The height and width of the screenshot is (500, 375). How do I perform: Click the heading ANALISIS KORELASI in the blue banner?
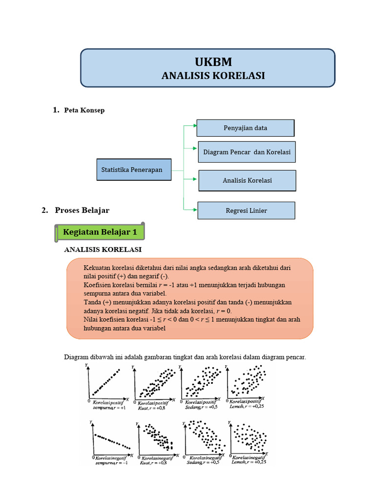point(213,76)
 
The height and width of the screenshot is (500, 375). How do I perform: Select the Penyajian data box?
point(245,128)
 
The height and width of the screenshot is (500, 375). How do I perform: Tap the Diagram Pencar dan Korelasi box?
point(247,152)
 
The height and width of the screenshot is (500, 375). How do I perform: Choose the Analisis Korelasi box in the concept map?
point(247,180)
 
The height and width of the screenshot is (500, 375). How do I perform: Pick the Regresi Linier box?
point(246,210)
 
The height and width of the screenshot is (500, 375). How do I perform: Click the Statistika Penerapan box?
point(134,169)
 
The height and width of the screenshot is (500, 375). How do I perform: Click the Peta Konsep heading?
point(84,110)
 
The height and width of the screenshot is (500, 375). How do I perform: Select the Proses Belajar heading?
point(82,210)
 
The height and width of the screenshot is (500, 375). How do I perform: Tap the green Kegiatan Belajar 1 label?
point(100,232)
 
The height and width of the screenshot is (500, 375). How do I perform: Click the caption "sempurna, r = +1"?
point(109,408)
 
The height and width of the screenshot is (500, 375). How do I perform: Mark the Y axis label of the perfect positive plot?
point(86,365)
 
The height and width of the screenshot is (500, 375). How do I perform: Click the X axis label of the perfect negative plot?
point(132,455)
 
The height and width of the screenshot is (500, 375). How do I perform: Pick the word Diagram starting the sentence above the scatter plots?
point(75,357)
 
